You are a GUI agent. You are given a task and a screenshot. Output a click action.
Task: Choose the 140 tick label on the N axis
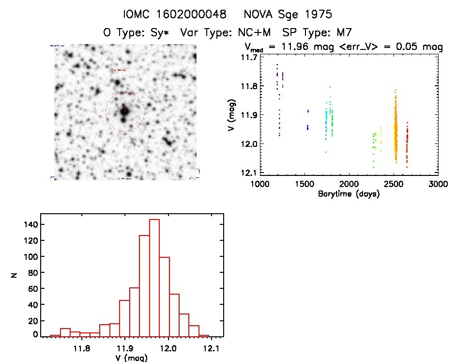31,224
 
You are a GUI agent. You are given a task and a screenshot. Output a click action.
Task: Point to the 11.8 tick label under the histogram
82,348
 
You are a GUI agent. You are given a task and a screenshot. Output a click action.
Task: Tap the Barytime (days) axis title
349,194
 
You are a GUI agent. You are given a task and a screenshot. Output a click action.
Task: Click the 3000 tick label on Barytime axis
438,184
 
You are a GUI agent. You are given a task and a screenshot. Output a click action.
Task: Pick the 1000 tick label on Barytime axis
260,184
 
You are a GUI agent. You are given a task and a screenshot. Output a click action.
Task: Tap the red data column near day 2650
407,145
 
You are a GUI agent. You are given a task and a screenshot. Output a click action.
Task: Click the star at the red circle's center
124,111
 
